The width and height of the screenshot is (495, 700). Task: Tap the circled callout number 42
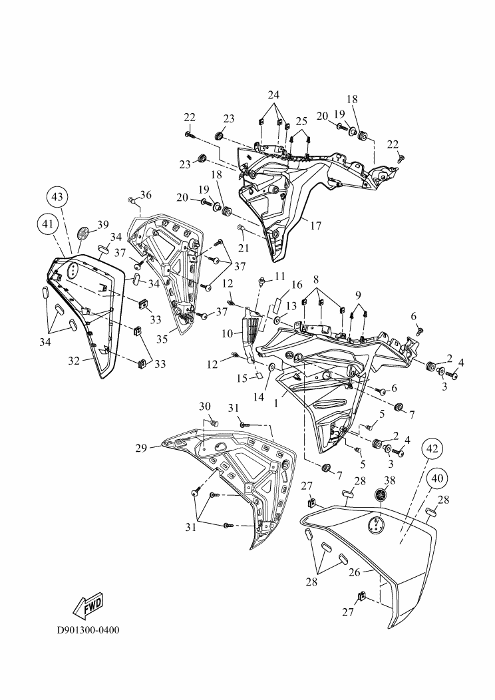[x=430, y=449]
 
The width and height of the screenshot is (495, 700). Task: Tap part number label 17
[x=315, y=226]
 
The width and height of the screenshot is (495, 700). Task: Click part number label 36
[x=145, y=194]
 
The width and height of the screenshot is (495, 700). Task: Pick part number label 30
[x=205, y=407]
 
